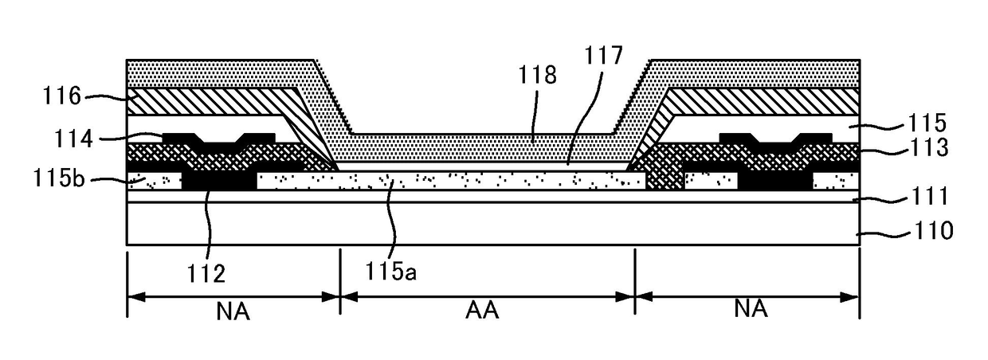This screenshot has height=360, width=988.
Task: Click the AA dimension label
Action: pos(481,310)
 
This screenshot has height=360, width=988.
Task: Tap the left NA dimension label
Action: pos(232,310)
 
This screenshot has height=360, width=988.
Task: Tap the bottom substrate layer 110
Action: pos(478,225)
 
